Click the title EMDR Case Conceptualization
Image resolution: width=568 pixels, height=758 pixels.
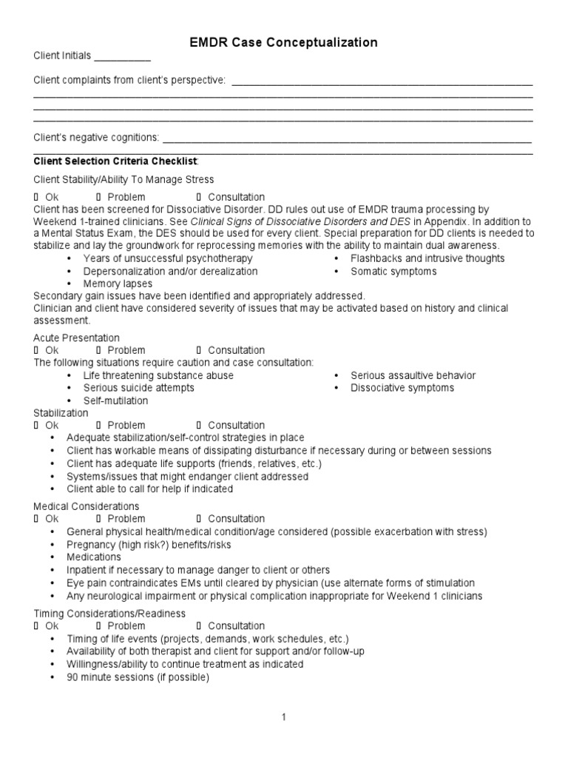pos(284,43)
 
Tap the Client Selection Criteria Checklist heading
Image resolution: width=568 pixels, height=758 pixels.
pos(116,161)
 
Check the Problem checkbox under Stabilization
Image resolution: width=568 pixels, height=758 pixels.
pos(98,426)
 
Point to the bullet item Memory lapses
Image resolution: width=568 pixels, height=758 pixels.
pos(118,284)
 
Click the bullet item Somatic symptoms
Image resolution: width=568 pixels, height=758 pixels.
pos(393,271)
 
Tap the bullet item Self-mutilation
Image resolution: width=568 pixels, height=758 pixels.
pos(115,400)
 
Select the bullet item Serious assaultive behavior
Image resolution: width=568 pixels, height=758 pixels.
pos(413,375)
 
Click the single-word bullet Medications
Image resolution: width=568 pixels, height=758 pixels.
pos(93,557)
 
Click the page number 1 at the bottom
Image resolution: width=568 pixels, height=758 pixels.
pos(283,717)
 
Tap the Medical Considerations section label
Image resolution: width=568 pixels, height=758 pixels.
pos(87,506)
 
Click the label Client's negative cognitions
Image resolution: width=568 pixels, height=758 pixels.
pos(96,138)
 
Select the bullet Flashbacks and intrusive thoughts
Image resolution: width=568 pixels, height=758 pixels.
pos(427,258)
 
